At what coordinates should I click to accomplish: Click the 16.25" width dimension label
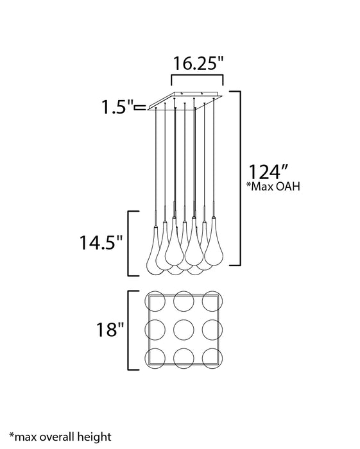198,64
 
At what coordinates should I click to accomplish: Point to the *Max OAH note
273,187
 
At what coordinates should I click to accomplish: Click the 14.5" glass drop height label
101,243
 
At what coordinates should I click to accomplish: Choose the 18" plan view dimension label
110,329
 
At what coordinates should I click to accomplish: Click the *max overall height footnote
60,437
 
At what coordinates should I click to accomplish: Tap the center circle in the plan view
184,330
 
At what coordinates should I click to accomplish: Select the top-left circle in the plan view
155,301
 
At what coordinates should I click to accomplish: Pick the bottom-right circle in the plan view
212,359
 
